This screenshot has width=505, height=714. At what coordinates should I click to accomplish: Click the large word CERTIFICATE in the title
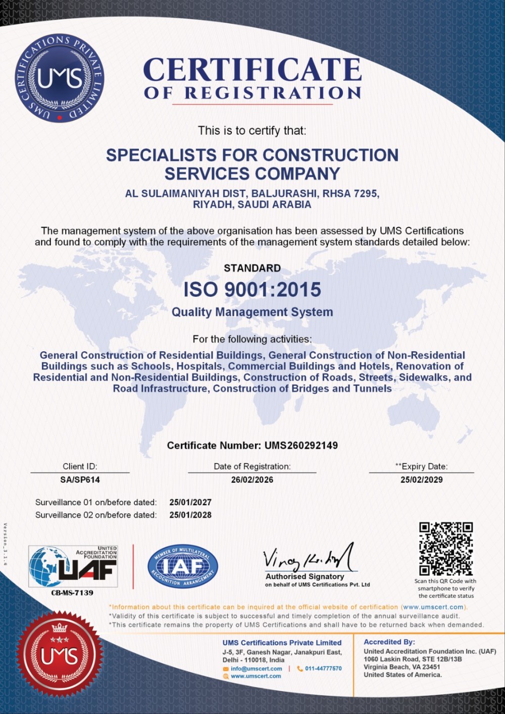pyautogui.click(x=252, y=70)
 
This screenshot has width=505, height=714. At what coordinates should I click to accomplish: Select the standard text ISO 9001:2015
pyautogui.click(x=252, y=290)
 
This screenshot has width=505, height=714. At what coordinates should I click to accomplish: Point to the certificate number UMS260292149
pyautogui.click(x=301, y=446)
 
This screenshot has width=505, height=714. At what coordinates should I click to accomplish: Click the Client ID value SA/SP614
pyautogui.click(x=80, y=480)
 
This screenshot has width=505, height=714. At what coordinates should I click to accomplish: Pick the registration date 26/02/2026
pyautogui.click(x=252, y=480)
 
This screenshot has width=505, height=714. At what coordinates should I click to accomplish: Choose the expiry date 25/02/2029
pyautogui.click(x=421, y=480)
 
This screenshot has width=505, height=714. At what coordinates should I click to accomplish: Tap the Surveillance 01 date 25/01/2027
pyautogui.click(x=190, y=503)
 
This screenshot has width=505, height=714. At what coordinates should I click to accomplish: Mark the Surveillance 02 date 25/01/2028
pyautogui.click(x=190, y=515)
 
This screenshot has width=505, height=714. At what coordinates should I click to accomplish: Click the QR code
pyautogui.click(x=446, y=549)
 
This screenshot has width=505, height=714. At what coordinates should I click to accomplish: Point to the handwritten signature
pyautogui.click(x=308, y=558)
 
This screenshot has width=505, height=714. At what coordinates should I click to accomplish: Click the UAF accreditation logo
pyautogui.click(x=73, y=566)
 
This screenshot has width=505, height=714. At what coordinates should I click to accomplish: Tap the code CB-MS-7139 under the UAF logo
pyautogui.click(x=72, y=593)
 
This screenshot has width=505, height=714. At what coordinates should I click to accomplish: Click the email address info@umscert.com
pyautogui.click(x=256, y=669)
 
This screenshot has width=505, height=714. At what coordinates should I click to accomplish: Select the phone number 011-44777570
pyautogui.click(x=323, y=669)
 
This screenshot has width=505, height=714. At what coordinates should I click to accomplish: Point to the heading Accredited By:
pyautogui.click(x=389, y=642)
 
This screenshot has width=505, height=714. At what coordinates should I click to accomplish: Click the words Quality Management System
pyautogui.click(x=252, y=312)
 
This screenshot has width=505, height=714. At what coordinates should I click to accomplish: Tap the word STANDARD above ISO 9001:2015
pyautogui.click(x=252, y=268)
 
